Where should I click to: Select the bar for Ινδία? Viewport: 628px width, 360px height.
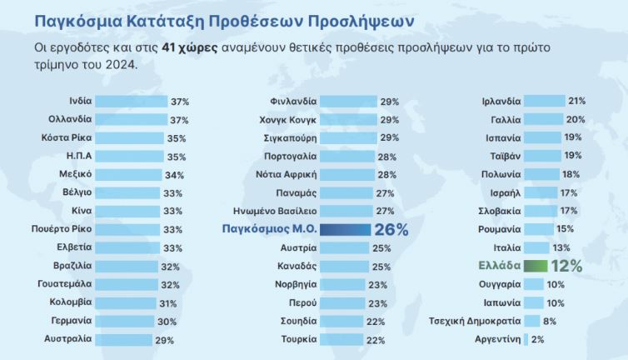pyautogui.click(x=130, y=102)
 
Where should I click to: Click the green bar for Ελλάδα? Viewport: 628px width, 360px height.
pyautogui.click(x=534, y=266)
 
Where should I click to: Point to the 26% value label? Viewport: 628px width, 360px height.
pyautogui.click(x=391, y=229)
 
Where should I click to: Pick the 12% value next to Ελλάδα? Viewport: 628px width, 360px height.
pyautogui.click(x=566, y=266)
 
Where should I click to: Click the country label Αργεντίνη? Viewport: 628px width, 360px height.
pyautogui.click(x=497, y=339)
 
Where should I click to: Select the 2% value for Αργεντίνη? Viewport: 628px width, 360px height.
pyautogui.click(x=537, y=339)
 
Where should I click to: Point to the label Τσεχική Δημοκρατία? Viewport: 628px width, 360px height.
pyautogui.click(x=474, y=321)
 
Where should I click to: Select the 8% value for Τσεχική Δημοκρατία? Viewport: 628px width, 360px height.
pyautogui.click(x=549, y=321)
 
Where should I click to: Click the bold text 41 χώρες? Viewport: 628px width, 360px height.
pyautogui.click(x=192, y=48)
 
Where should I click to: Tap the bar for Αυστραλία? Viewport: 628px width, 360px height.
pyautogui.click(x=122, y=339)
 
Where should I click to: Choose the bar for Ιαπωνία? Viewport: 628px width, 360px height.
pyautogui.click(x=534, y=302)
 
